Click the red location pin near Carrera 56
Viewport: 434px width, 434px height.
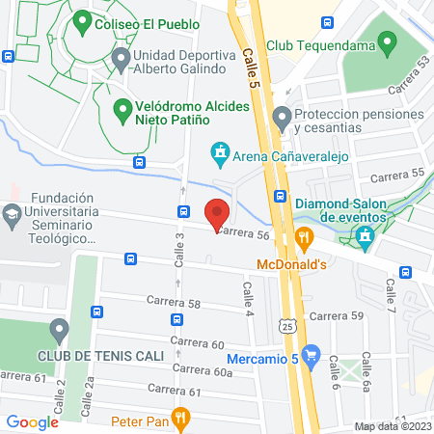tap(218, 213)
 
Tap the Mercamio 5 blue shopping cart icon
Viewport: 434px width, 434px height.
tap(310, 356)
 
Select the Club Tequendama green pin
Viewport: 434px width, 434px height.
tap(388, 42)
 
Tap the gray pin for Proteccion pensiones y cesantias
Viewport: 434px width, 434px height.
tap(282, 120)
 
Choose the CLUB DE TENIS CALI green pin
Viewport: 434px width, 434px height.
tap(59, 331)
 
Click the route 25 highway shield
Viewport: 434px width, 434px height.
tap(286, 328)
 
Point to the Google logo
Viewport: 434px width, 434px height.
tap(32, 421)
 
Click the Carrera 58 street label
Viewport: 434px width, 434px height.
tap(174, 303)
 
